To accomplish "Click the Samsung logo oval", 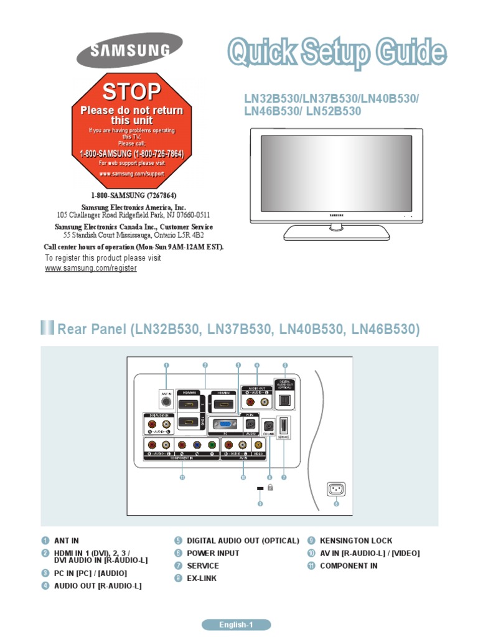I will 129,50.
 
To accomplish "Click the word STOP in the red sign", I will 131,92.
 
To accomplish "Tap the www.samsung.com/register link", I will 91,267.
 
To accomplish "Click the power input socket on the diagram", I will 336,490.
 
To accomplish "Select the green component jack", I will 212,445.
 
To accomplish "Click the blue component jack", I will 196,445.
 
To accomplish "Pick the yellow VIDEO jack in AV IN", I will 259,445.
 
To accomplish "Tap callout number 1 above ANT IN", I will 166,365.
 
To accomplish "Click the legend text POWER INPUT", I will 213,553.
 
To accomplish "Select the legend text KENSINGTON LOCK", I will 356,541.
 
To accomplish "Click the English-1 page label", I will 236,625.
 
